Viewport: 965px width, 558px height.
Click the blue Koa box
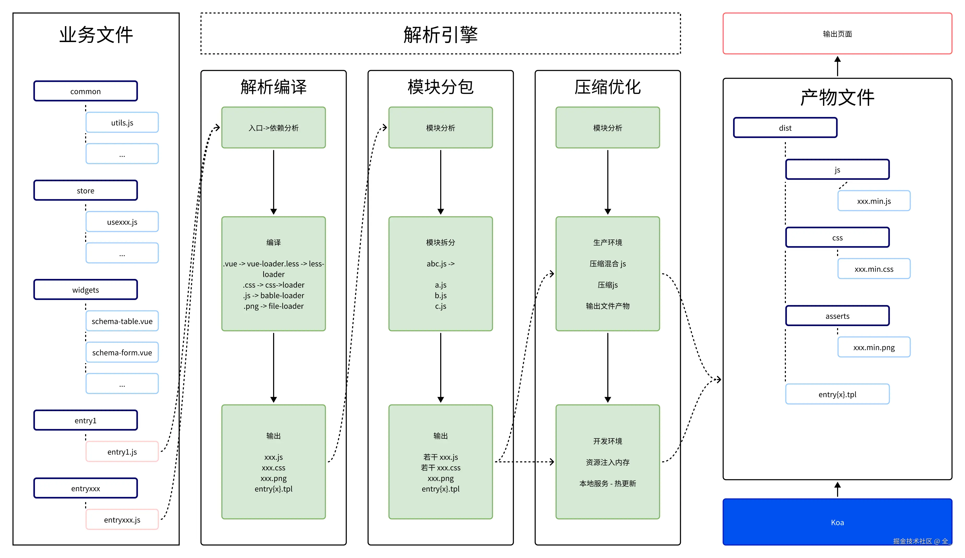pos(837,522)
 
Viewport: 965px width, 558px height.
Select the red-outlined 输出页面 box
pos(837,34)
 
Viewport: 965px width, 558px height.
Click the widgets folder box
pos(85,290)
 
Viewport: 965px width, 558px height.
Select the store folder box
pos(85,190)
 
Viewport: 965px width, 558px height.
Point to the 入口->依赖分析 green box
pos(273,128)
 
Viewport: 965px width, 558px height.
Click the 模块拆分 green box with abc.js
pos(440,274)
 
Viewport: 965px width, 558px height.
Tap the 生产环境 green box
pos(607,274)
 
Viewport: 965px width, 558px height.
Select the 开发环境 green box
pos(607,462)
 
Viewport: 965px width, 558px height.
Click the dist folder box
pos(785,128)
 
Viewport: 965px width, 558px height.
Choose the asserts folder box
pos(837,316)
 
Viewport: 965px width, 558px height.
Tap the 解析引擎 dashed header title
pos(440,34)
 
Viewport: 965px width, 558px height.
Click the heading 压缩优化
pos(607,87)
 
